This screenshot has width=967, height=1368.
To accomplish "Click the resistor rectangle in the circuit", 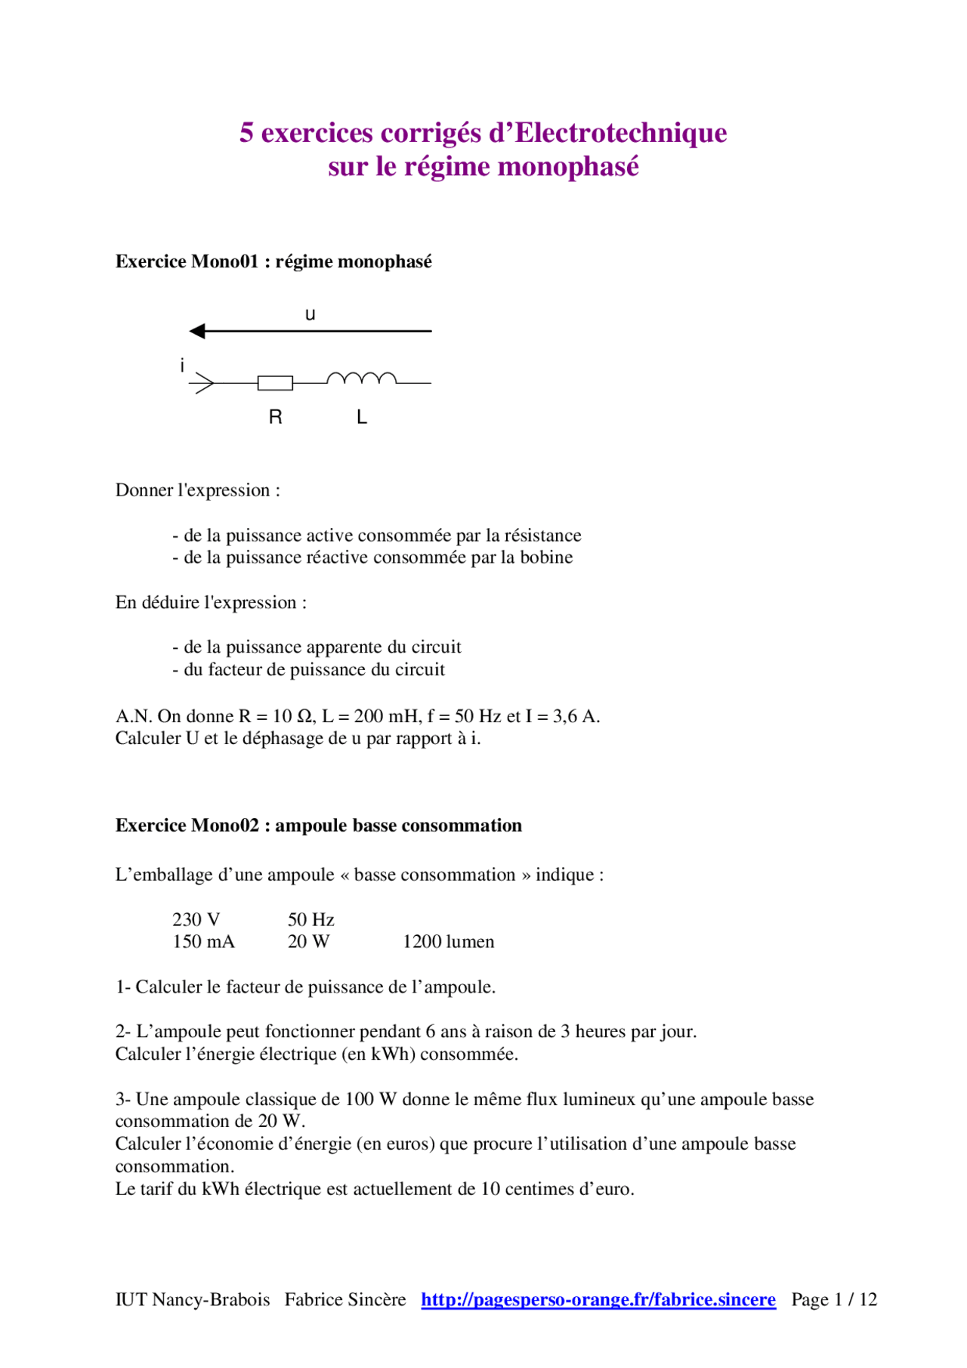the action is pos(275,383).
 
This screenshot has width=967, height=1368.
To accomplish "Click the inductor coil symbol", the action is pos(361,378).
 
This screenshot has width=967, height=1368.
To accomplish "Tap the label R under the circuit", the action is pos(276,417).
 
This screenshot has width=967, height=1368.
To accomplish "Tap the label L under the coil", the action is pos(362,417).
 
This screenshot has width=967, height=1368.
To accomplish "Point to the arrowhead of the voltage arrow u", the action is pos(197,331).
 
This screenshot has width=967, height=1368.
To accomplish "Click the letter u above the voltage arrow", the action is pos(310,314).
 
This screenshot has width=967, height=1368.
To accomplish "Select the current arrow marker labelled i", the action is pos(202,383).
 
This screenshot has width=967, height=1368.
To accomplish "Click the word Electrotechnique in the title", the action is pos(620,133).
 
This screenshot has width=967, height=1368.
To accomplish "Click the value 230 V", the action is pos(196,919).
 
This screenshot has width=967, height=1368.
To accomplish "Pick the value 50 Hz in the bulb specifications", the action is pos(310,919).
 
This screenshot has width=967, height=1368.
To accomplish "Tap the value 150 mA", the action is pos(203,941).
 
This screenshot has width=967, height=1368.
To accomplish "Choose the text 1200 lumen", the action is pos(448,941).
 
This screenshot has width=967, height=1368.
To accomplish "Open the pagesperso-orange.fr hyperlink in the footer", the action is pos(598,1299).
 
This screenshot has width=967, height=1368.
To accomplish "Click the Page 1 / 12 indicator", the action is pos(834,1299).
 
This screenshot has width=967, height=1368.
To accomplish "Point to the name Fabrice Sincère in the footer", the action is pos(345,1299).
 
